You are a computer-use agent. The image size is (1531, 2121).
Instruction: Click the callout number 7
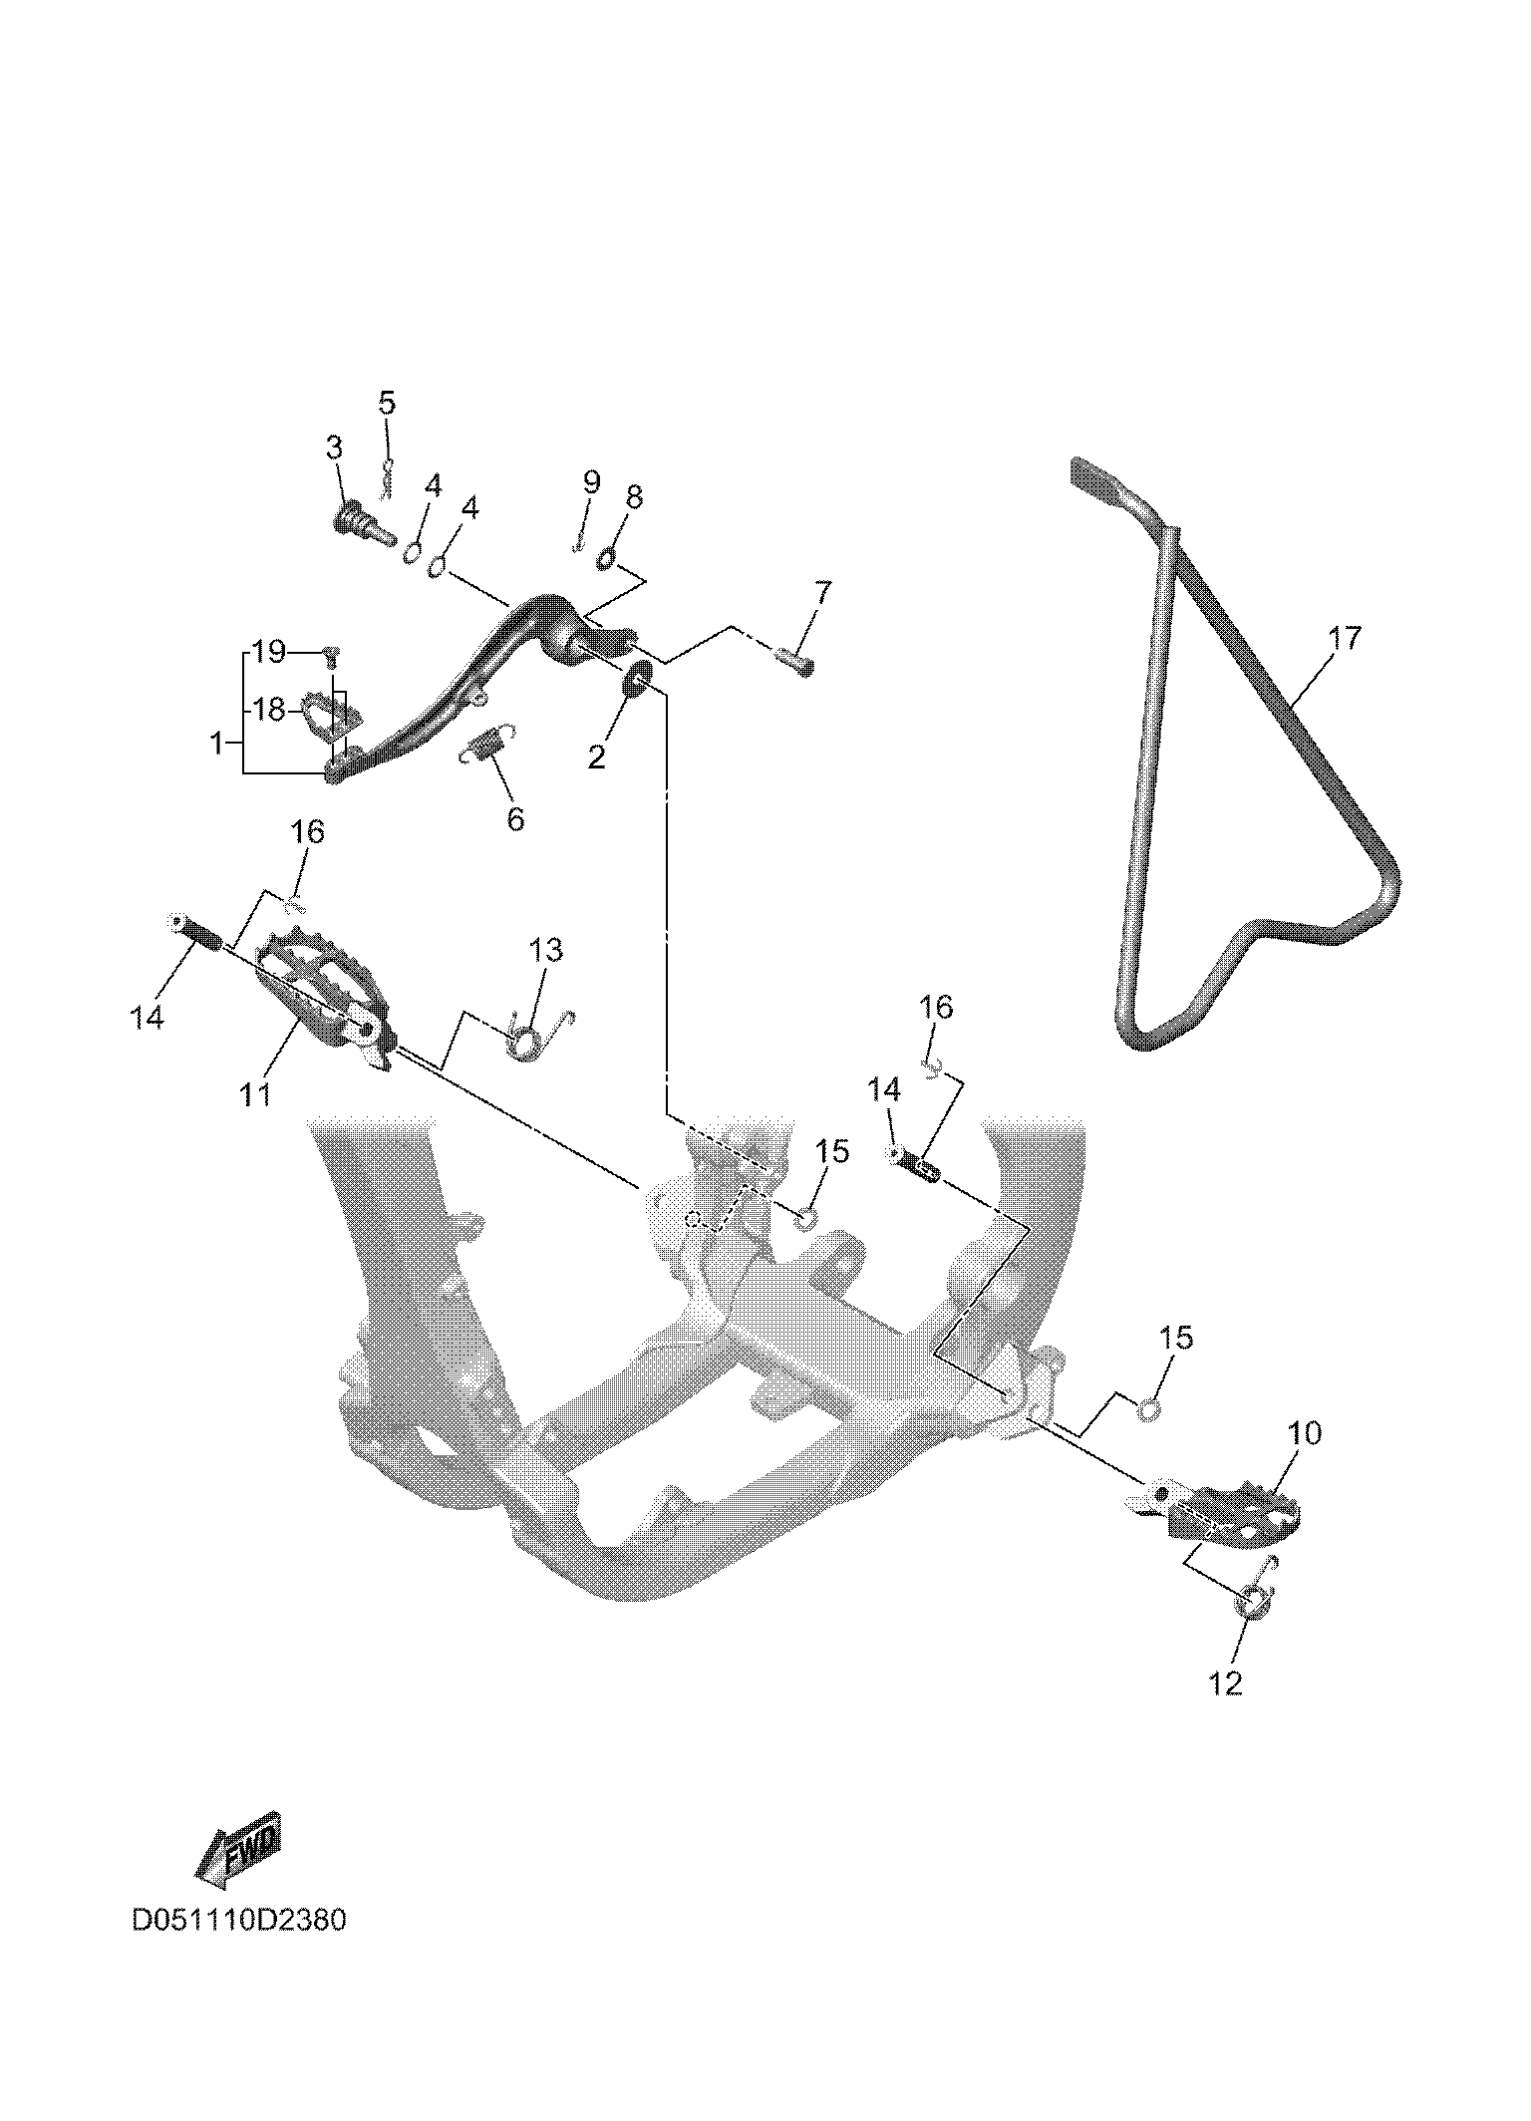click(x=821, y=593)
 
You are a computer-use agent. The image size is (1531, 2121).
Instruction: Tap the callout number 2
click(x=596, y=757)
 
